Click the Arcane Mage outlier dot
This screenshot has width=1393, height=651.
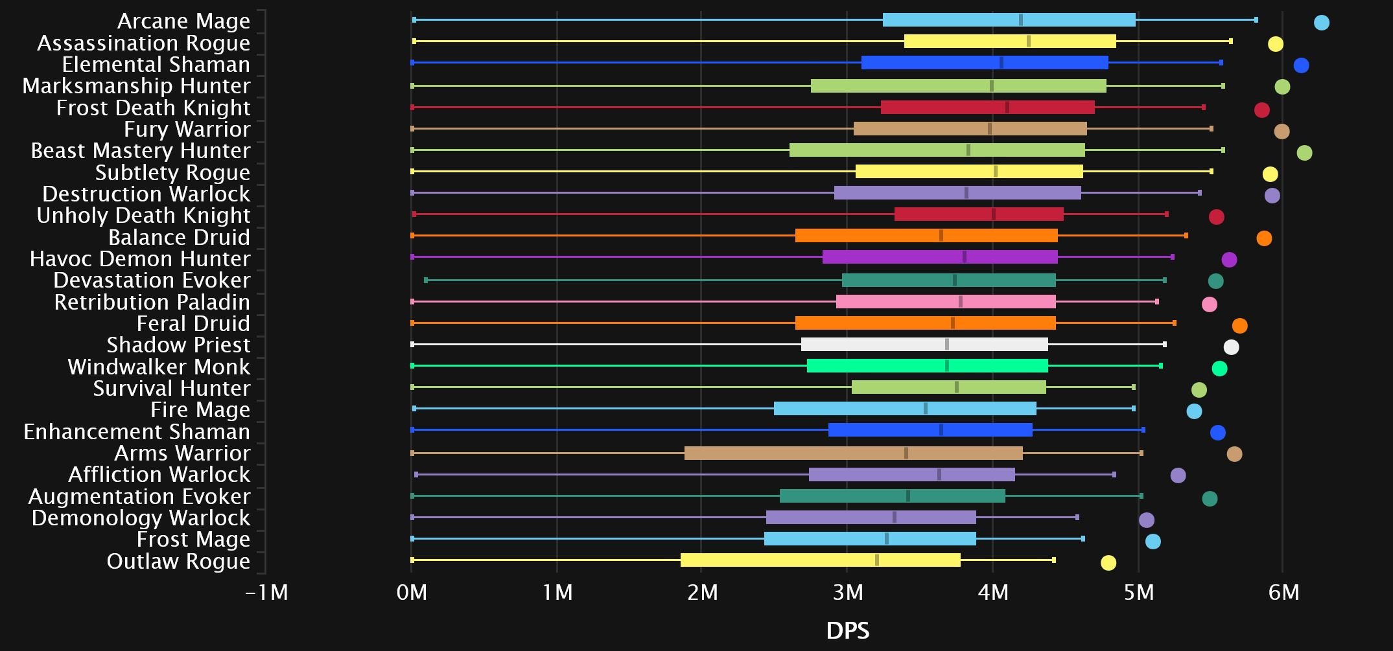point(1321,23)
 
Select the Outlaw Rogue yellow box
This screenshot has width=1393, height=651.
point(820,560)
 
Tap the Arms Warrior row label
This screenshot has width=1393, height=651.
point(182,453)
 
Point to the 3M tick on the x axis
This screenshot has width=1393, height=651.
point(847,592)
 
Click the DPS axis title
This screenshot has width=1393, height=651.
point(847,630)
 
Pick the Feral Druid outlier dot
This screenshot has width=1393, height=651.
point(1239,326)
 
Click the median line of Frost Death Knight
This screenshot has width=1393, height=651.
point(1007,107)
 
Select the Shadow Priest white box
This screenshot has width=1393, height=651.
point(924,345)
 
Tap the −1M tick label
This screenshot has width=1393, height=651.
point(266,592)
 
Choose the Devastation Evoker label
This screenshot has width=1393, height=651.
point(152,280)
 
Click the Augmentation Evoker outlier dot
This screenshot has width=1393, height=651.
point(1210,499)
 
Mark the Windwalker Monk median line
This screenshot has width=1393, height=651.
point(947,366)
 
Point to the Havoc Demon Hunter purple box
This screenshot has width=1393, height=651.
point(940,257)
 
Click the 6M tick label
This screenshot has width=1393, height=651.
point(1283,592)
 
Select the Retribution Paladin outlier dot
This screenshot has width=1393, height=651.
point(1209,304)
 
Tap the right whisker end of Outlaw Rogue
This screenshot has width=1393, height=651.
point(1054,560)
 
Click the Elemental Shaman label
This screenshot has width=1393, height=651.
point(156,65)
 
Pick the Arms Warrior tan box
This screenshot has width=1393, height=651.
point(853,453)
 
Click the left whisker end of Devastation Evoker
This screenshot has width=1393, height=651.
point(425,280)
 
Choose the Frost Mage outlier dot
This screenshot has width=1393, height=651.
point(1153,542)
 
